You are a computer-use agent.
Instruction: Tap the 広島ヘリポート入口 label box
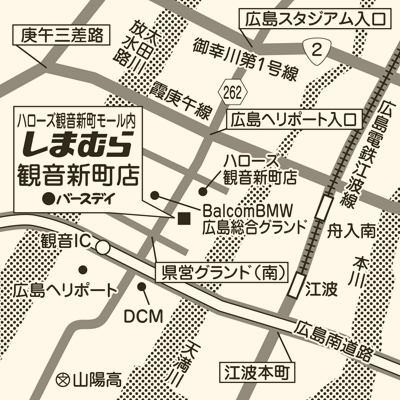[x=292, y=120]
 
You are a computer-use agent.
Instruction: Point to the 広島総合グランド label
[x=251, y=231]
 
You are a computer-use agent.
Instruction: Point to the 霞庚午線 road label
[x=182, y=113]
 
